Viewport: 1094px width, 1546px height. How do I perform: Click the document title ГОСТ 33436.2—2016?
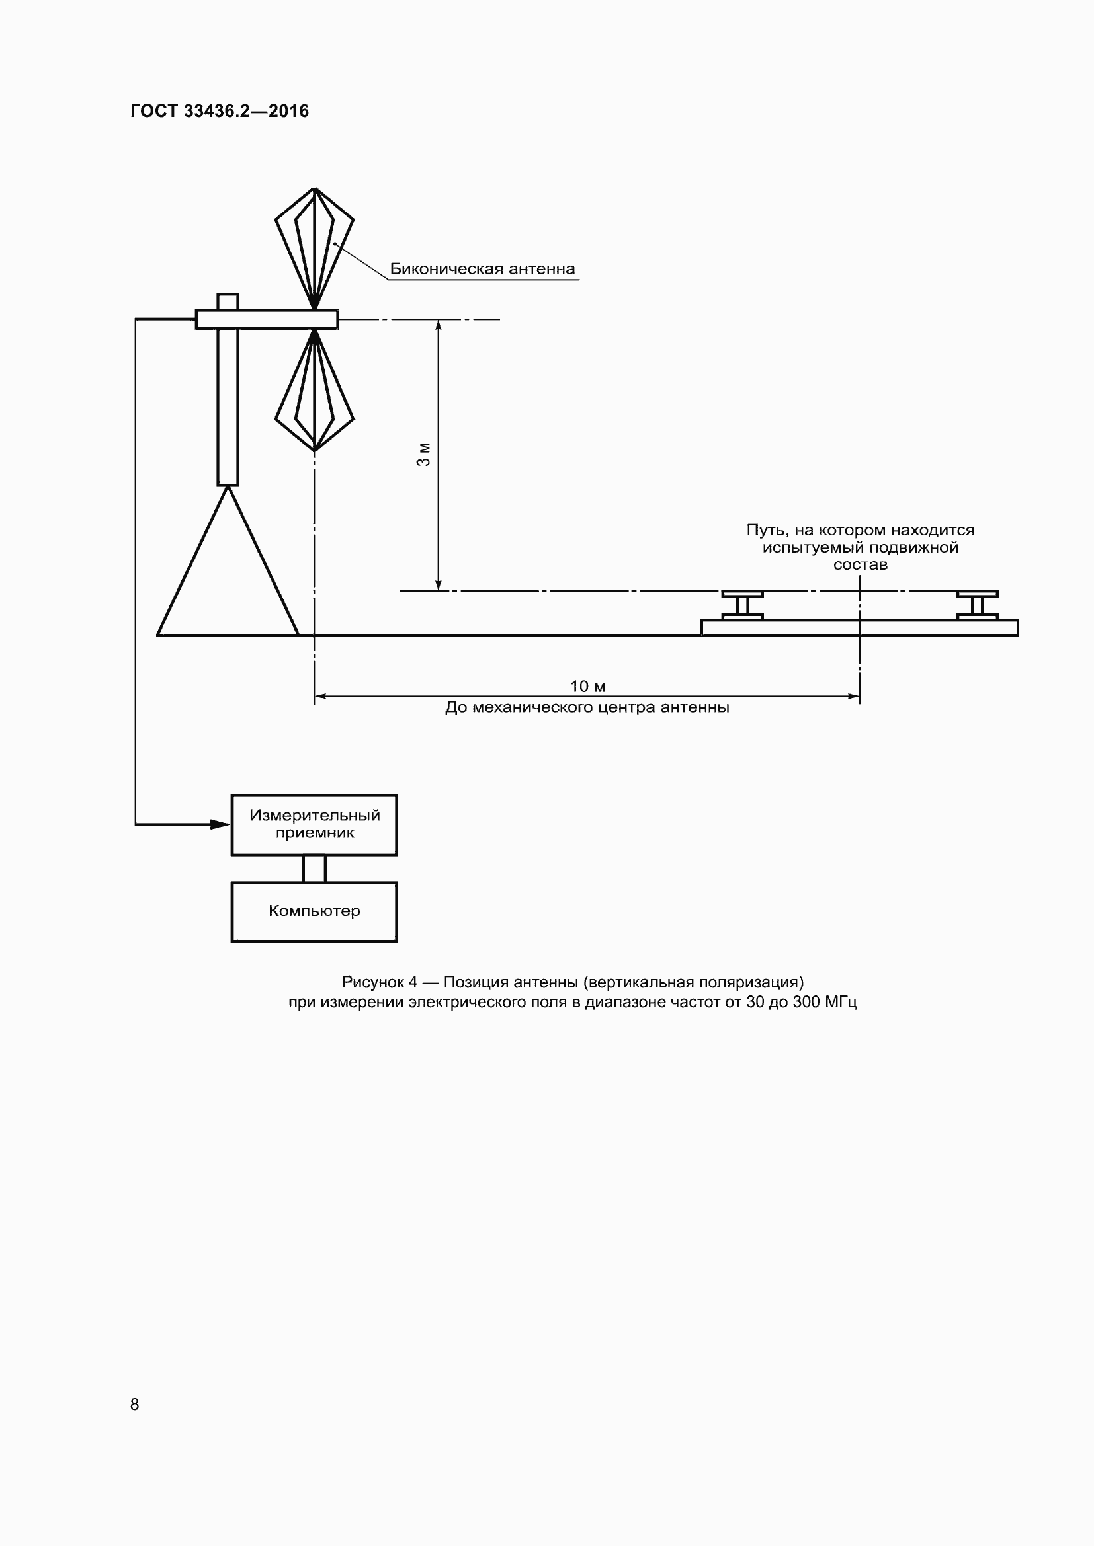(x=219, y=111)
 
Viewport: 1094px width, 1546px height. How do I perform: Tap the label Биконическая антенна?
(x=482, y=269)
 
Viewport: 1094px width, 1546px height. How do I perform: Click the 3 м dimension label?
(x=423, y=455)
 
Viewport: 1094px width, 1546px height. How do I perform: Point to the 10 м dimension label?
(x=587, y=686)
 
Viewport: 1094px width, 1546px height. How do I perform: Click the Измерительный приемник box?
(x=314, y=825)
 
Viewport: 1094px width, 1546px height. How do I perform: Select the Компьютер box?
(x=314, y=911)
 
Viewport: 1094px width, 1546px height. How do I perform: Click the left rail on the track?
(x=742, y=605)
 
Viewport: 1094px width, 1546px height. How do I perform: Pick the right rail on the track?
(x=977, y=605)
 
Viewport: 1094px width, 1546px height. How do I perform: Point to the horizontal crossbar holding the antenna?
(x=267, y=319)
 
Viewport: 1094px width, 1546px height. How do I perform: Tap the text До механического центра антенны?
(x=587, y=708)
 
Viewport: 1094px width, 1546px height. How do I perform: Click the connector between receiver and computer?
(x=314, y=869)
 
